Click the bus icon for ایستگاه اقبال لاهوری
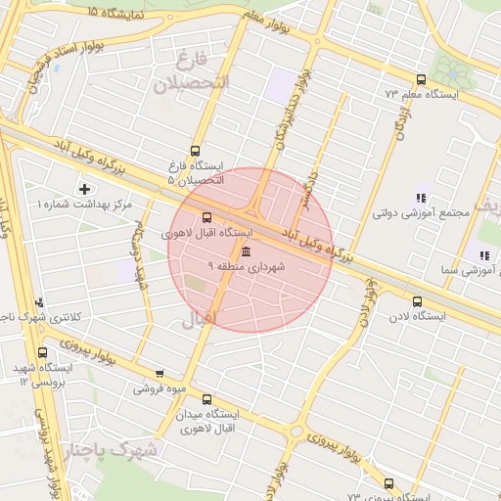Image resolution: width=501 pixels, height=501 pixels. click(206, 217)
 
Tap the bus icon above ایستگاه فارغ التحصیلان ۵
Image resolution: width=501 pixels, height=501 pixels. click(195, 151)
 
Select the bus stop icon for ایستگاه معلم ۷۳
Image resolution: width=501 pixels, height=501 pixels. click(421, 79)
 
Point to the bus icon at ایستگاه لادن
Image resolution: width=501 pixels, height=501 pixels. click(418, 301)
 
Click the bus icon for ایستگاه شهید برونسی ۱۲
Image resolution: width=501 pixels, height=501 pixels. click(42, 352)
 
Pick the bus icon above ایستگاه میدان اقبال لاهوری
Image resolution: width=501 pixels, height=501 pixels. click(206, 398)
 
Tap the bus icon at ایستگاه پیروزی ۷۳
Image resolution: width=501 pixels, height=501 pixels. click(388, 483)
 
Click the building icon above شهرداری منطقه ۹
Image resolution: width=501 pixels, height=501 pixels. click(245, 253)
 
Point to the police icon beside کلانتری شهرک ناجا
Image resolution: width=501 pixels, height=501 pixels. click(39, 303)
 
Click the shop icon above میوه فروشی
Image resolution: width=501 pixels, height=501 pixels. click(159, 374)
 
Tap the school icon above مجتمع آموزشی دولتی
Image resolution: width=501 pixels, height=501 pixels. click(421, 198)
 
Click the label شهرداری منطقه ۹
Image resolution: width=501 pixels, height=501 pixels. click(247, 267)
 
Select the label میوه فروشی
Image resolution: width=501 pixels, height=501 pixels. click(159, 388)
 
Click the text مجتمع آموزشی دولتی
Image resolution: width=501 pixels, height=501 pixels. click(410, 212)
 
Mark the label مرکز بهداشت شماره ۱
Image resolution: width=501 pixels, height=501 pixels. click(84, 205)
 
